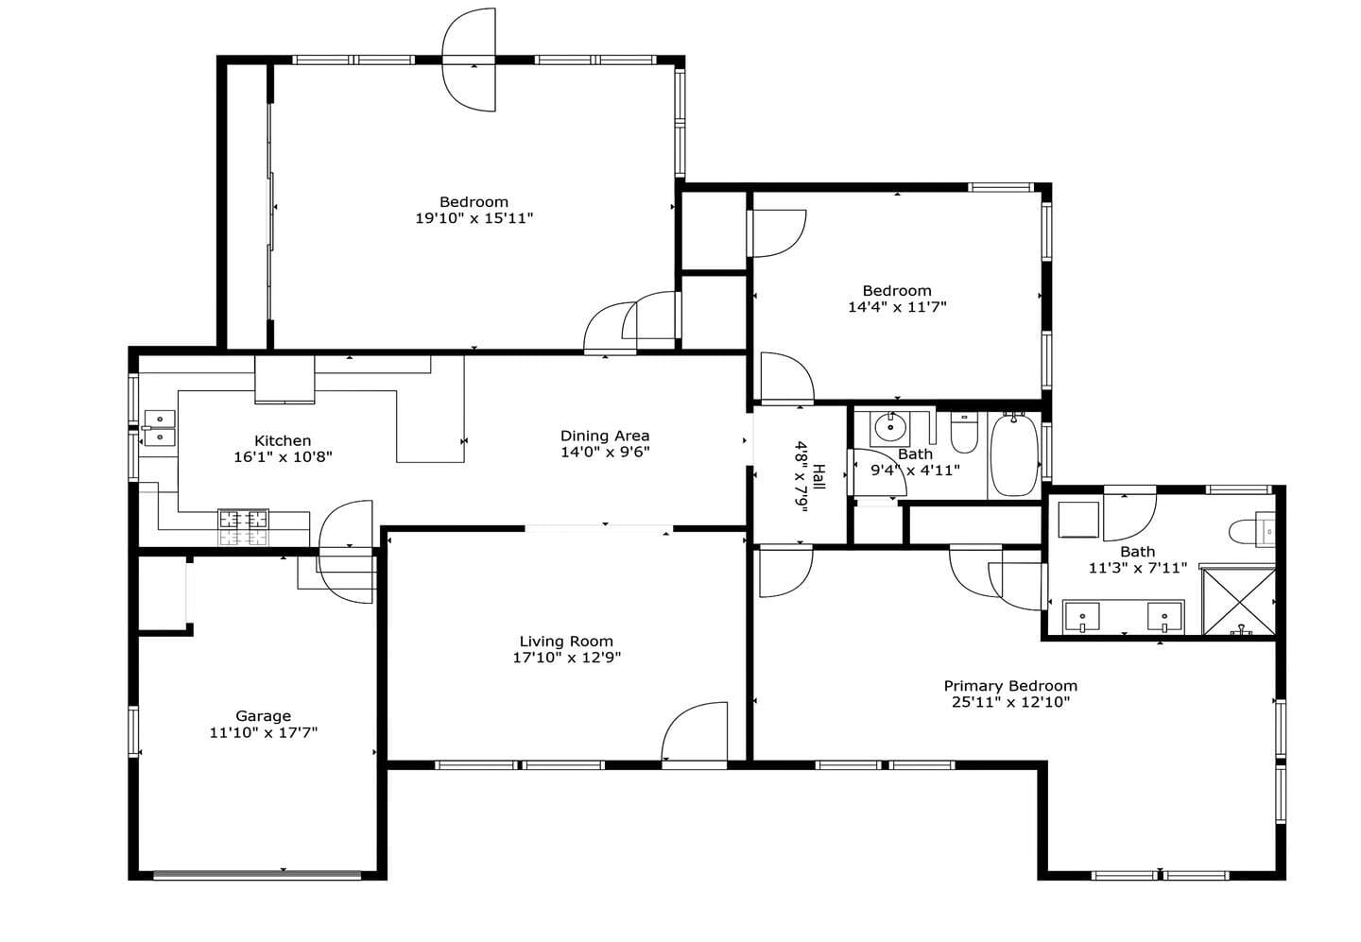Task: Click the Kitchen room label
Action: [x=283, y=440]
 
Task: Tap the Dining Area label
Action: [x=605, y=436]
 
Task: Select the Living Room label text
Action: [x=566, y=641]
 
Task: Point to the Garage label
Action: [x=263, y=716]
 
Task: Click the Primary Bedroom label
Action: [x=1010, y=686]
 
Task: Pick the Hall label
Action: [x=818, y=477]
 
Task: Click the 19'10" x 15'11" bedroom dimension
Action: [x=474, y=218]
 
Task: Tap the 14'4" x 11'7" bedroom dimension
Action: [x=897, y=307]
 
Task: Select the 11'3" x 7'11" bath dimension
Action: [x=1137, y=568]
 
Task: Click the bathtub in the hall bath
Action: [x=1014, y=454]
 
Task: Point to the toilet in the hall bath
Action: [x=964, y=433]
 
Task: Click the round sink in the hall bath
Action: [x=890, y=428]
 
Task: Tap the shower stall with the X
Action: [x=1238, y=602]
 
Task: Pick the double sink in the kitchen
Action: [x=160, y=428]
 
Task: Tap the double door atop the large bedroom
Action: [x=469, y=60]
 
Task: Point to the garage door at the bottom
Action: [x=257, y=875]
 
